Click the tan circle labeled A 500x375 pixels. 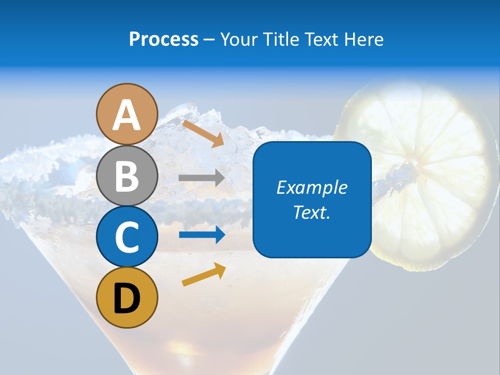coord(127,114)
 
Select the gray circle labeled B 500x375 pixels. coord(127,176)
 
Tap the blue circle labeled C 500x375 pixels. coord(127,237)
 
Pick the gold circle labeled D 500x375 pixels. coord(127,298)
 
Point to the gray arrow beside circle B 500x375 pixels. coord(202,178)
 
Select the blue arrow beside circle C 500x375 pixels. coord(202,235)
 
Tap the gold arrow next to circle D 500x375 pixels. coord(204,274)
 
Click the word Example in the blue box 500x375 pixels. coord(311,187)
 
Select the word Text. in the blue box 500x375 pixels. coord(311,212)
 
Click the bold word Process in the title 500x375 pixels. coord(164,39)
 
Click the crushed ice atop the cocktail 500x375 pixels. coord(208,130)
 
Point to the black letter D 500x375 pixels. coord(127,298)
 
